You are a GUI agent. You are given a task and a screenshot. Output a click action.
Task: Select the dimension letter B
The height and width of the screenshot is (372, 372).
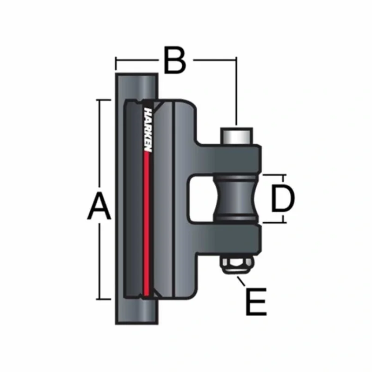point(175,60)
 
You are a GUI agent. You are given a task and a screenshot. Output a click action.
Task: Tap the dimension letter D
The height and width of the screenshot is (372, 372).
point(283,199)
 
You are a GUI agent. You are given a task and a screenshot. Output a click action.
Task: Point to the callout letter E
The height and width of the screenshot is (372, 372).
point(255,302)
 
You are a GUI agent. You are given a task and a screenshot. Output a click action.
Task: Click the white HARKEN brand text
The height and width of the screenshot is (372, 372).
point(148,130)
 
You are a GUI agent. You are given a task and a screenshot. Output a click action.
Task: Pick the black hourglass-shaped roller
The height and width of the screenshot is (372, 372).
point(236,199)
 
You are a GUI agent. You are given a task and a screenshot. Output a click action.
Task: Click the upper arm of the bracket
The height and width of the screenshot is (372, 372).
point(228,156)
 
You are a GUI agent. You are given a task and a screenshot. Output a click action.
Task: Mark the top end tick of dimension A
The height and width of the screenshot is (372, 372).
point(99,99)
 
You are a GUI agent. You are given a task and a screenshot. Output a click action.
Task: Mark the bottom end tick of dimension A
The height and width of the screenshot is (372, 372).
point(99,299)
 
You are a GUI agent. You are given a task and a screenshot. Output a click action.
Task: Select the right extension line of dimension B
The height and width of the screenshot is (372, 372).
point(237,93)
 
